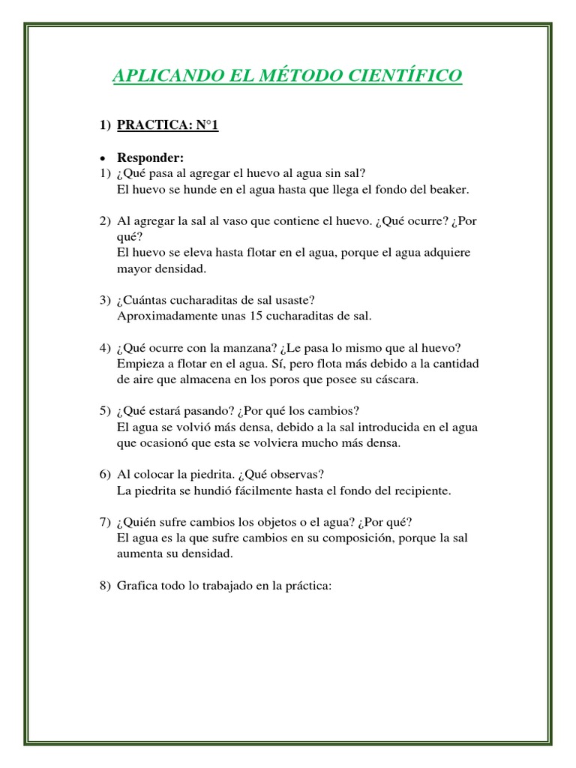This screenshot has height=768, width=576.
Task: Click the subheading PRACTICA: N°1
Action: tap(167, 125)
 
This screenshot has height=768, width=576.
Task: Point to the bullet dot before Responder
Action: tap(104, 158)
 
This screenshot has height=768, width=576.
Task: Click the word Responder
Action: tap(150, 158)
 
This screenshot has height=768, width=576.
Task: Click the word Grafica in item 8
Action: tap(136, 586)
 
